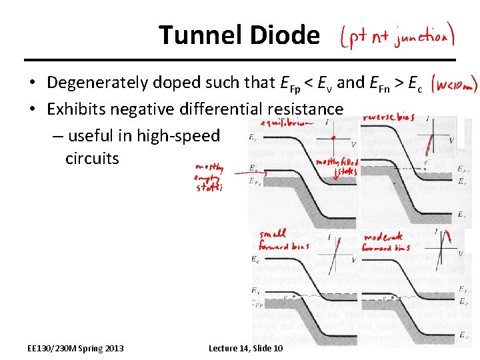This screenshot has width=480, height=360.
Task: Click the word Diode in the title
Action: pyautogui.click(x=287, y=35)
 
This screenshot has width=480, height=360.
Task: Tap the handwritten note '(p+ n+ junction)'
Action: pyautogui.click(x=398, y=36)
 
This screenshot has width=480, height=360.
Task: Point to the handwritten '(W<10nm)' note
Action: pyautogui.click(x=453, y=85)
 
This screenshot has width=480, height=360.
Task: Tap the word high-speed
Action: pyautogui.click(x=178, y=135)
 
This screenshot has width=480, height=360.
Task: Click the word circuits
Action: pyautogui.click(x=92, y=159)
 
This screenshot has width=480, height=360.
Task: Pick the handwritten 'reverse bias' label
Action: pyautogui.click(x=389, y=117)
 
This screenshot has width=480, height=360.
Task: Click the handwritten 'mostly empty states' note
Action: pyautogui.click(x=209, y=178)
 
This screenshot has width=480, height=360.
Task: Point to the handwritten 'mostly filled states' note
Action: pyautogui.click(x=337, y=165)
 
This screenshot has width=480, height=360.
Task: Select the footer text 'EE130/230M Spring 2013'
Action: pyautogui.click(x=75, y=348)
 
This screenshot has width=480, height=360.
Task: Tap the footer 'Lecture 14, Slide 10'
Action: pyautogui.click(x=245, y=348)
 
